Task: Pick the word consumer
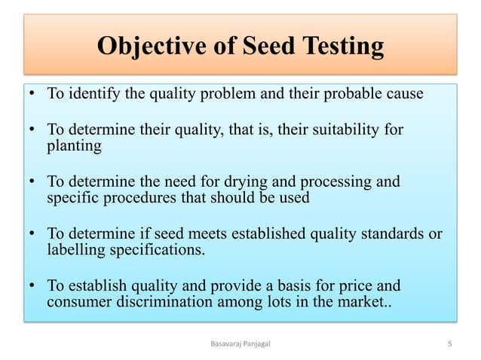click(78, 301)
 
